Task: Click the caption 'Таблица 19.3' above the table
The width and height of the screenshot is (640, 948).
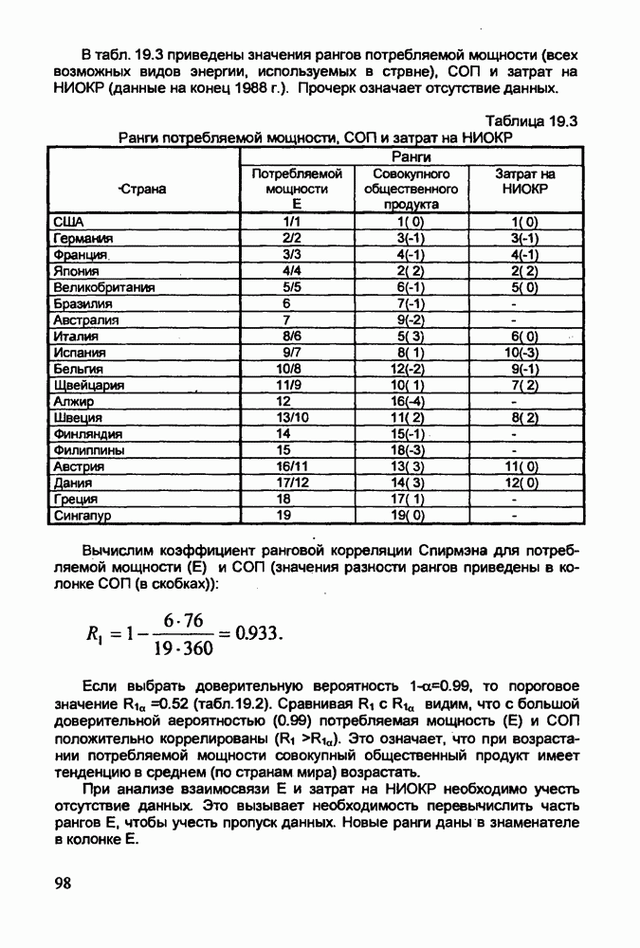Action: click(x=531, y=121)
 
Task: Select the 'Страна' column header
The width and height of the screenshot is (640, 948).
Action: click(x=142, y=189)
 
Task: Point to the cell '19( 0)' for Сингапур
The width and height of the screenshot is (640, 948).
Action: click(x=411, y=517)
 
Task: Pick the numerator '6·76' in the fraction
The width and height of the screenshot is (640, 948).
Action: click(x=183, y=619)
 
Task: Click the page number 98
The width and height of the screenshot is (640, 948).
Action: click(x=63, y=884)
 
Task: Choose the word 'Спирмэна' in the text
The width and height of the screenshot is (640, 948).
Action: click(x=411, y=552)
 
